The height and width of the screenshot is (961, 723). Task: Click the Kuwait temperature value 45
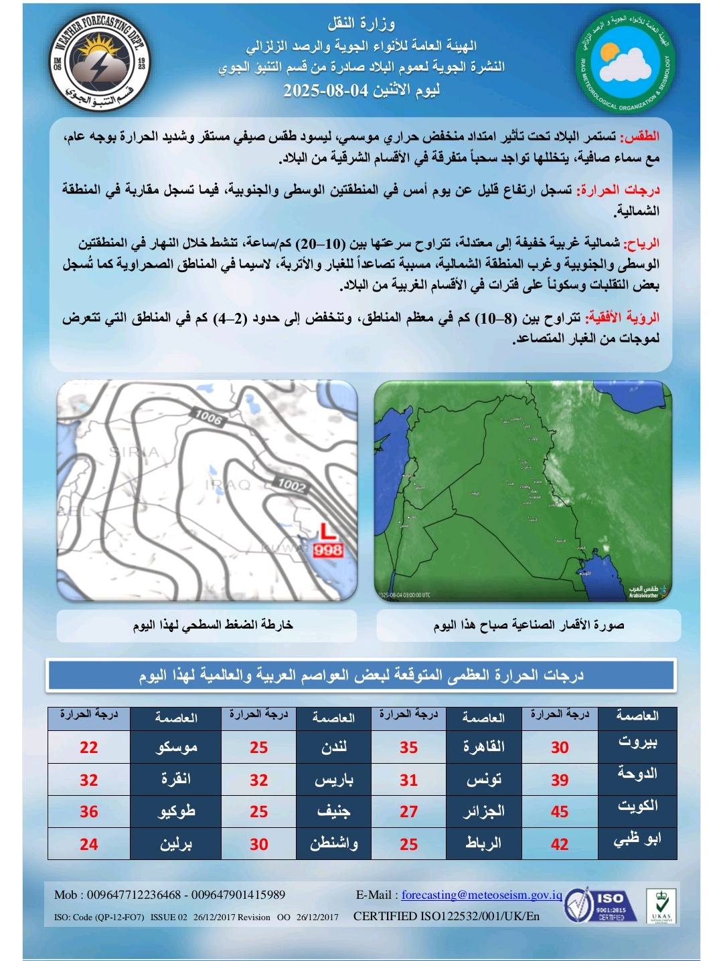click(559, 811)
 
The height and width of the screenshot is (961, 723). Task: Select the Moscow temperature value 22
click(89, 747)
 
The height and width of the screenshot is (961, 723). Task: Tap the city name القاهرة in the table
click(484, 747)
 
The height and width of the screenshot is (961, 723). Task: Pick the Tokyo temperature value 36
click(89, 811)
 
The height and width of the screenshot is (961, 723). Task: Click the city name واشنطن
click(333, 843)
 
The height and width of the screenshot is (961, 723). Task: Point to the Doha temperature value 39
click(559, 779)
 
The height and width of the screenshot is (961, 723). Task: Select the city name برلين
click(176, 843)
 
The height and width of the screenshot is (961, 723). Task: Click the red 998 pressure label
click(327, 550)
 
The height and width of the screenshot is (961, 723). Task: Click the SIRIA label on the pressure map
click(134, 452)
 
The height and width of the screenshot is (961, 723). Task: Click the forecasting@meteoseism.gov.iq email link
click(481, 895)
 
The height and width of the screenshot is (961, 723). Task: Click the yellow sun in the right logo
click(610, 53)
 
